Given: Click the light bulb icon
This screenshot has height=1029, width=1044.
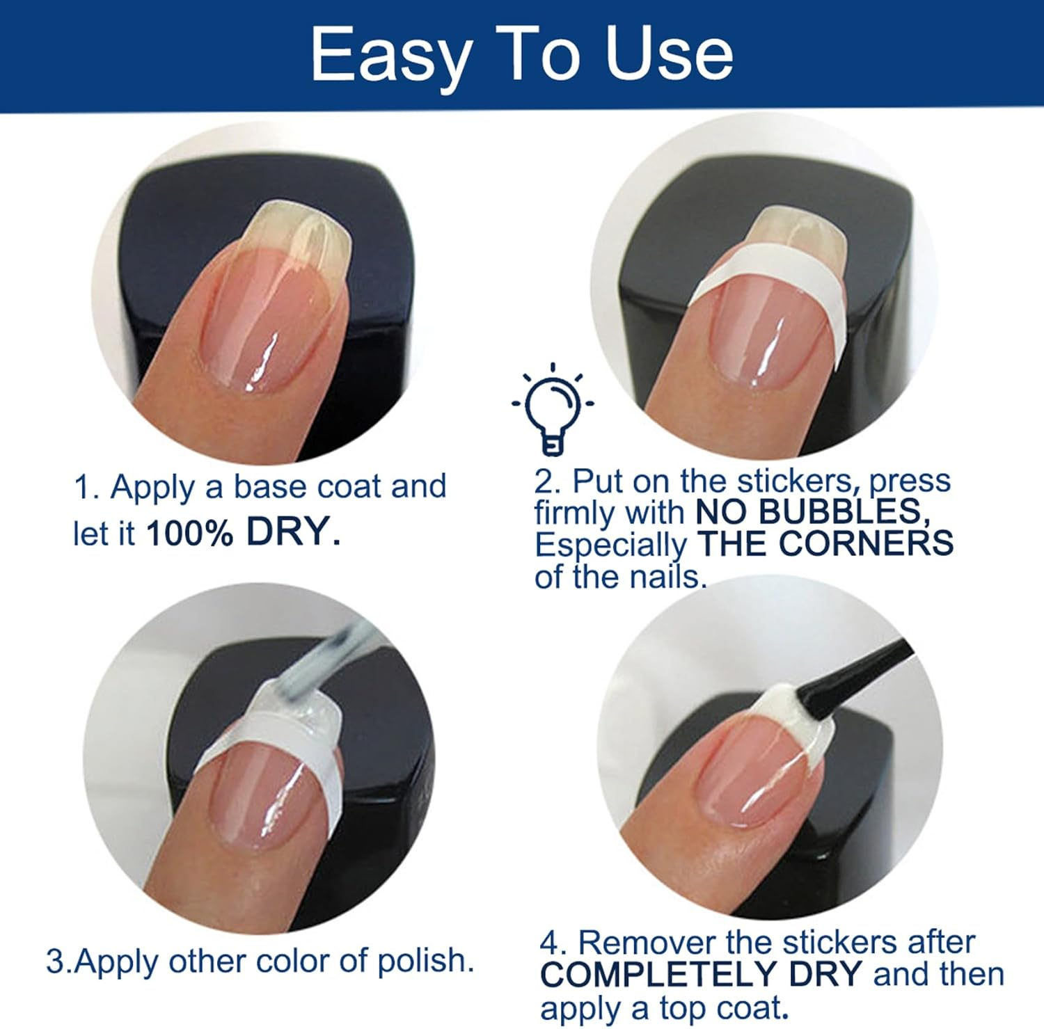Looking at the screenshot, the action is tap(553, 409).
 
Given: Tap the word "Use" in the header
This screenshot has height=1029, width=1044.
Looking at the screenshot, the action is tap(670, 54).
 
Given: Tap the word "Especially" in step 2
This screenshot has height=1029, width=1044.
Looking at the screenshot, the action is tap(611, 546).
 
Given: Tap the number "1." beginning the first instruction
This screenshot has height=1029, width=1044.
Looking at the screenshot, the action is tap(87, 488).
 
